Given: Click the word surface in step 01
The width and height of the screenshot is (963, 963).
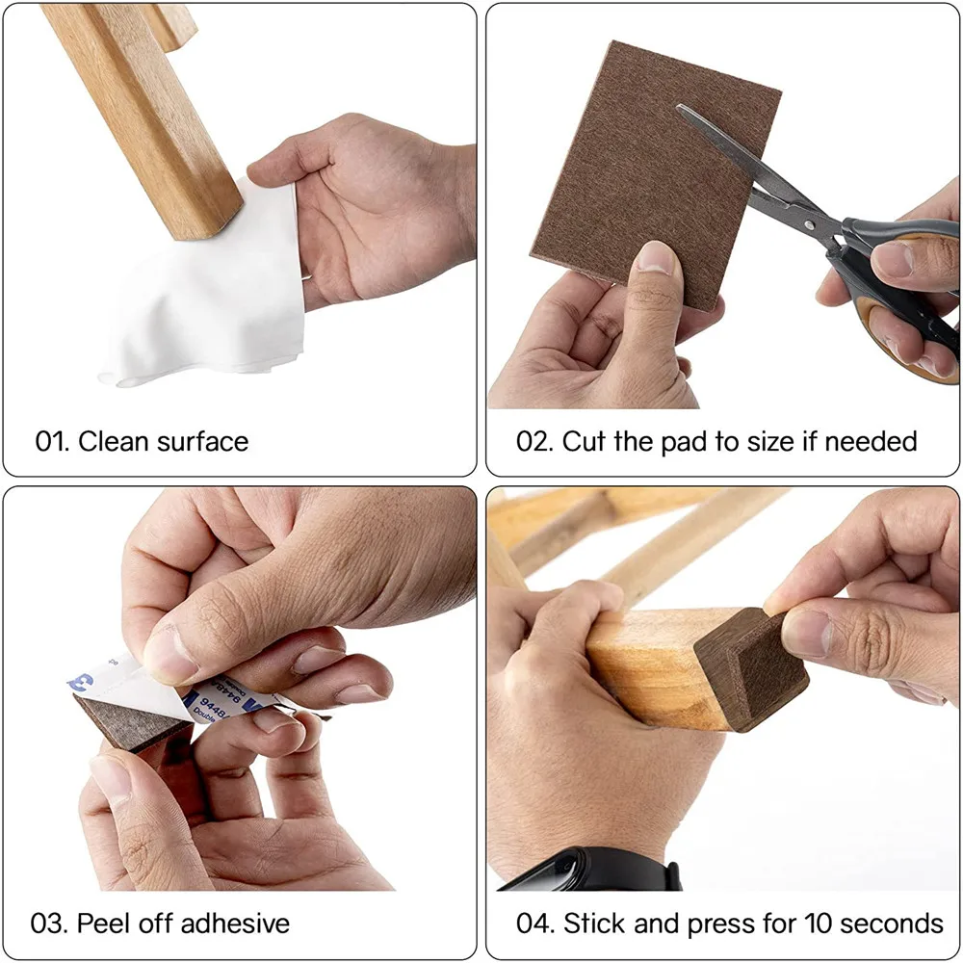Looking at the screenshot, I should point(202,442).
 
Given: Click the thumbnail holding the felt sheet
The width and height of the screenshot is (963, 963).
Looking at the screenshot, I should point(657,258).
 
